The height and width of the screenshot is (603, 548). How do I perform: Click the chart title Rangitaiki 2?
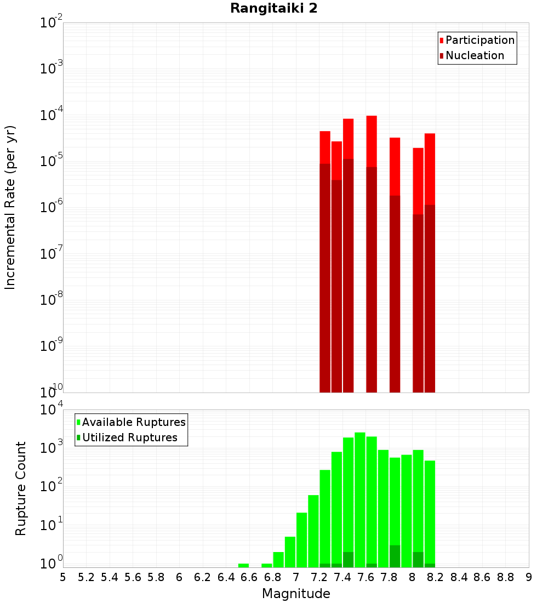pyautogui.click(x=273, y=9)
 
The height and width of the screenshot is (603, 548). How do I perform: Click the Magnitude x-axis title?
pyautogui.click(x=296, y=594)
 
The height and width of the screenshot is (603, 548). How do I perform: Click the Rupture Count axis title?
pyautogui.click(x=21, y=488)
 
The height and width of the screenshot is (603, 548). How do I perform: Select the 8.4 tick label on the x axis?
pyautogui.click(x=459, y=577)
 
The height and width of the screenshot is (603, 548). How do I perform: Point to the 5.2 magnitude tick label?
pyautogui.click(x=86, y=577)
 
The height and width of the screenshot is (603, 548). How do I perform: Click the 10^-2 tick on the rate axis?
pyautogui.click(x=52, y=23)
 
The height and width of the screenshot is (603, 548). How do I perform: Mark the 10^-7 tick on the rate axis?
pyautogui.click(x=52, y=254)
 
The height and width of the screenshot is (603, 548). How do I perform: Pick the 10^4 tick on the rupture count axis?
pyautogui.click(x=52, y=410)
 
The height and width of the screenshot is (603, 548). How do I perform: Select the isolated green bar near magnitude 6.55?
pyautogui.click(x=243, y=565)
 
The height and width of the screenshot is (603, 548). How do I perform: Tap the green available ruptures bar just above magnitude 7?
pyautogui.click(x=301, y=540)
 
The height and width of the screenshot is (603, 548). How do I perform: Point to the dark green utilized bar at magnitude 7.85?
pyautogui.click(x=395, y=556)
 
